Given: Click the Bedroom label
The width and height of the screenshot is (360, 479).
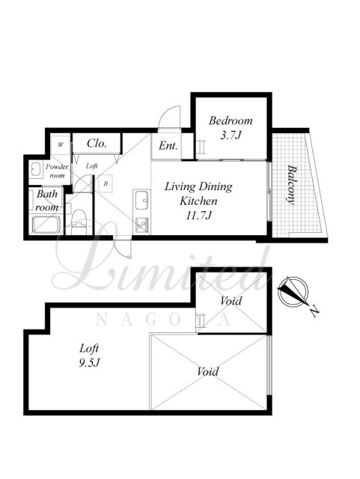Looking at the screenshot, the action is pyautogui.click(x=231, y=120).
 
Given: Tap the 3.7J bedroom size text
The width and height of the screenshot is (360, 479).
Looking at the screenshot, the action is pyautogui.click(x=231, y=135).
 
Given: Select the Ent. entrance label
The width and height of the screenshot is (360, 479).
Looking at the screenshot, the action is pyautogui.click(x=168, y=146).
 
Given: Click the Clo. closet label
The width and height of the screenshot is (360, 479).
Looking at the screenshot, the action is pyautogui.click(x=97, y=143).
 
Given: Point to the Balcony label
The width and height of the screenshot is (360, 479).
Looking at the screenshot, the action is pyautogui.click(x=292, y=185).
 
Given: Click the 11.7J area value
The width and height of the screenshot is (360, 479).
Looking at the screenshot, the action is pyautogui.click(x=199, y=216).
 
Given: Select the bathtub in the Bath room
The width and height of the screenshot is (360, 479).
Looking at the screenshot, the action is pyautogui.click(x=46, y=225).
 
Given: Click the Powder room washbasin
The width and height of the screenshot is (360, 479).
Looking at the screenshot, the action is pyautogui.click(x=36, y=170).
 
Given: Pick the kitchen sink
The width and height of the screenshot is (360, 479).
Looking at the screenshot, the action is pyautogui.click(x=141, y=200).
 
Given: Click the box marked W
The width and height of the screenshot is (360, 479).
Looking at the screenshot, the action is pyautogui.click(x=61, y=144).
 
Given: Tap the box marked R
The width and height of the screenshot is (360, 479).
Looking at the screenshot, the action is pyautogui.click(x=106, y=183).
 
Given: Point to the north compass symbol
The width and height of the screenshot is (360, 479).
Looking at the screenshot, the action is pyautogui.click(x=293, y=292).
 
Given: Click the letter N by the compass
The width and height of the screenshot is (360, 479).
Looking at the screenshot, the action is pyautogui.click(x=314, y=312).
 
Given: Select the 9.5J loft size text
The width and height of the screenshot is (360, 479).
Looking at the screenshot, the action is pyautogui.click(x=89, y=363).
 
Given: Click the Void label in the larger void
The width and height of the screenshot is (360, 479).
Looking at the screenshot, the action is pyautogui.click(x=208, y=372).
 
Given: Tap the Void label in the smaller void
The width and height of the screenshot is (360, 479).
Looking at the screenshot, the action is pyautogui.click(x=231, y=301).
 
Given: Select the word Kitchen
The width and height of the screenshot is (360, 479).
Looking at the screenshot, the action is pyautogui.click(x=198, y=201).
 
